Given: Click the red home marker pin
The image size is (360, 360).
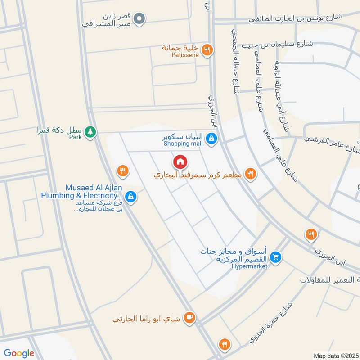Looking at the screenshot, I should pyautogui.click(x=180, y=161).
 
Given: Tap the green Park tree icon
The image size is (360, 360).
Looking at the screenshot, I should pyautogui.click(x=91, y=132).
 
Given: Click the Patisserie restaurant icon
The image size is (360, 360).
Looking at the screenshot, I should pyautogui.click(x=206, y=50).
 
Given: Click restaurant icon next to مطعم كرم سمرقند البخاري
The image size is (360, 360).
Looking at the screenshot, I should pyautogui.click(x=251, y=174).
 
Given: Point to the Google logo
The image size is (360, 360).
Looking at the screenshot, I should pyautogui.click(x=19, y=353).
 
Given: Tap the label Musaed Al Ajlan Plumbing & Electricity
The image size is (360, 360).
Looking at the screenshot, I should pyautogui.click(x=81, y=192).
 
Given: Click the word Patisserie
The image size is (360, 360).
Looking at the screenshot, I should pyautogui.click(x=181, y=55).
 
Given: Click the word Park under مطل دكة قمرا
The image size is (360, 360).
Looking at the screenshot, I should pyautogui.click(x=76, y=137).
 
